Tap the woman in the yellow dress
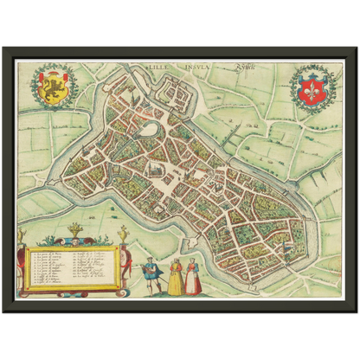(x=176, y=278)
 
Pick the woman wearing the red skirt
(x=195, y=279)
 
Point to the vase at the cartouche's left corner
(x=22, y=235)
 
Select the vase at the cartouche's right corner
(x=124, y=235)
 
